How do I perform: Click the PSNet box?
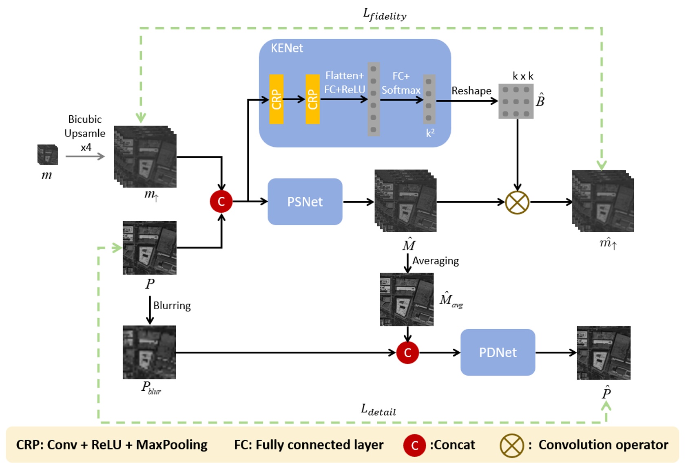[305, 202]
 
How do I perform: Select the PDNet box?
[498, 352]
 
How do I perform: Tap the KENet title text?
[287, 48]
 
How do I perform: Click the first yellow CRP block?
[276, 99]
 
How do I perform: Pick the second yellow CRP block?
[312, 99]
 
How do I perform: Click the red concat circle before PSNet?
[221, 201]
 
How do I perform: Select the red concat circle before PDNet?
[407, 353]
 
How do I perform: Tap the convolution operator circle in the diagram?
[517, 203]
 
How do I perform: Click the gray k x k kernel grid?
[516, 101]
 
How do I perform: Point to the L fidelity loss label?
[385, 15]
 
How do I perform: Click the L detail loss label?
[378, 410]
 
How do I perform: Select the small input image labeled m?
[47, 155]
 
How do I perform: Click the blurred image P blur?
[149, 352]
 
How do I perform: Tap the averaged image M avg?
[407, 299]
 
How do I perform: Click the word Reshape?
[471, 91]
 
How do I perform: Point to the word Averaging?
[435, 261]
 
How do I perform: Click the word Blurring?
[172, 306]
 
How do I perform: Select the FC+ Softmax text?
[401, 83]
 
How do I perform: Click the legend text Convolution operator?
[603, 445]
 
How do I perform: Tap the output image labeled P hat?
[603, 353]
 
